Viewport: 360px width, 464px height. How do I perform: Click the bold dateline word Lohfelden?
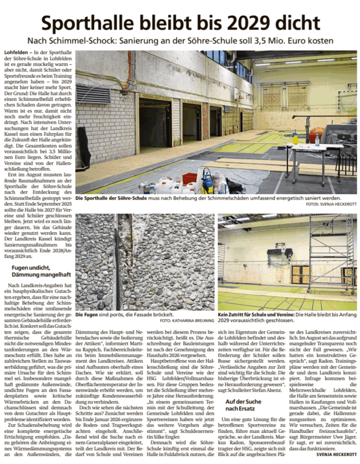(15, 53)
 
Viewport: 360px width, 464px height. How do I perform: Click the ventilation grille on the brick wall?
(93, 94)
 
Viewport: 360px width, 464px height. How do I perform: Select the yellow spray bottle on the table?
(295, 136)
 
